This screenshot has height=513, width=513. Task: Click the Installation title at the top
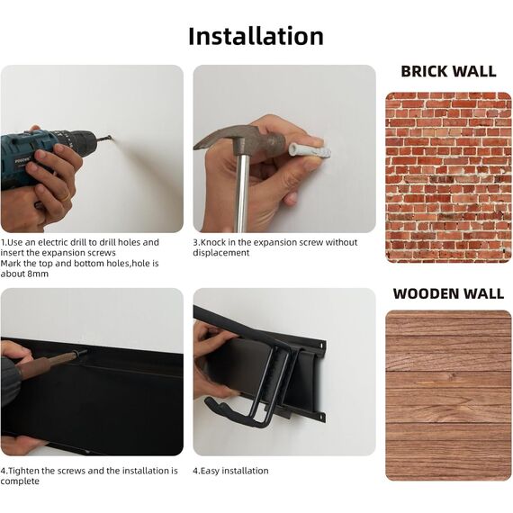click(x=256, y=36)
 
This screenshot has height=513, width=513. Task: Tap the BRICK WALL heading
click(x=448, y=72)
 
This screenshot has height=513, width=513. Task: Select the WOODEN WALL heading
click(x=448, y=293)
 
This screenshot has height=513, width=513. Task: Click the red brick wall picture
click(x=448, y=177)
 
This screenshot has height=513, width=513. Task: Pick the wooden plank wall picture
click(x=448, y=395)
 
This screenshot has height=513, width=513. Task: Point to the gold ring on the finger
click(x=66, y=197)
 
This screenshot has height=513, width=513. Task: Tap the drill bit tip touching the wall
click(x=110, y=138)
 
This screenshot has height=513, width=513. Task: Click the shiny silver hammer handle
click(x=243, y=193)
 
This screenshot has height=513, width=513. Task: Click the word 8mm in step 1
click(x=38, y=274)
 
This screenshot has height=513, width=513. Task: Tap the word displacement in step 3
click(x=220, y=253)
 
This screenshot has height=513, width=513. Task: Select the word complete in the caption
click(x=20, y=481)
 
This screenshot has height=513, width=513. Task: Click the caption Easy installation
click(x=234, y=471)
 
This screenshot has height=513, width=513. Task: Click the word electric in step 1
click(x=54, y=242)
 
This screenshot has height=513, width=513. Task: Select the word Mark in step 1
click(x=11, y=264)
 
